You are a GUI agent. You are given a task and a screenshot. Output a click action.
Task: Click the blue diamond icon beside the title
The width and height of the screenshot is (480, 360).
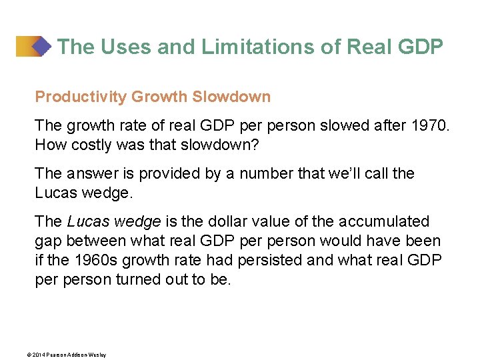(x=41, y=47)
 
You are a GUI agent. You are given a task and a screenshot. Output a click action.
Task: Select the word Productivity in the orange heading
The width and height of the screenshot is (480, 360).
(x=81, y=97)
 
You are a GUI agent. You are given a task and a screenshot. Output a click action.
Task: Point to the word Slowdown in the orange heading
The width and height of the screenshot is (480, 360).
(x=231, y=97)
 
